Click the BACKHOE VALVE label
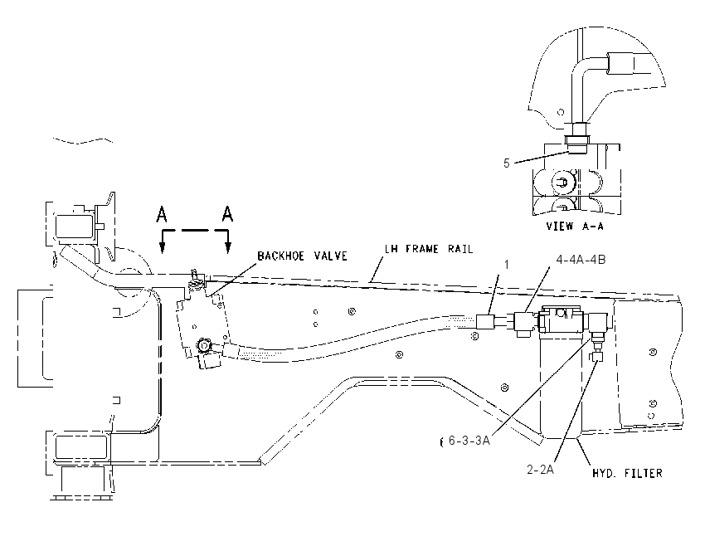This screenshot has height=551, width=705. click(302, 256)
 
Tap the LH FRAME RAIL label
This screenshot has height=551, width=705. click(429, 249)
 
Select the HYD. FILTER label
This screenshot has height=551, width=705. click(627, 473)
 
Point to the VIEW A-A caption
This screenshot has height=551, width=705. click(575, 227)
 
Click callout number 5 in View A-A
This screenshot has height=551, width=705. click(507, 163)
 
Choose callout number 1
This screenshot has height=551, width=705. click(507, 265)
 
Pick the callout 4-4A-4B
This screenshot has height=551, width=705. click(581, 260)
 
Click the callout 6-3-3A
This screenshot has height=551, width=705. click(469, 441)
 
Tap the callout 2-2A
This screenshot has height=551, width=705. click(540, 470)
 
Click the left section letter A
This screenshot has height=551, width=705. click(162, 214)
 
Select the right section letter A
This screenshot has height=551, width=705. click(227, 213)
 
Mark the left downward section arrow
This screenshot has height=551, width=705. click(163, 242)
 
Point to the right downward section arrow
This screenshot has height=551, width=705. click(228, 242)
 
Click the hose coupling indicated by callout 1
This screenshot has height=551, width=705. click(485, 322)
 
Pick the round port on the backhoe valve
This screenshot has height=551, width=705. click(204, 345)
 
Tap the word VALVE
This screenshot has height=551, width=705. click(330, 256)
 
